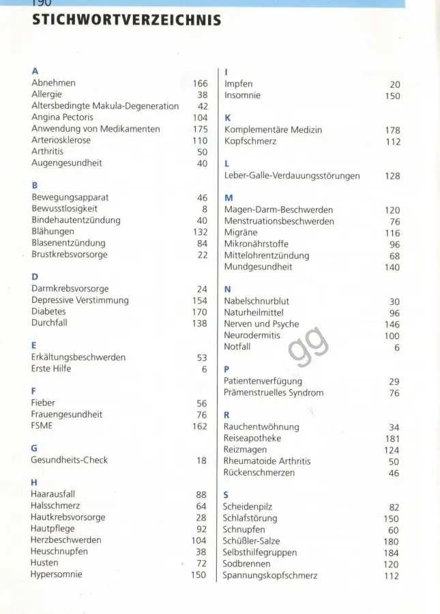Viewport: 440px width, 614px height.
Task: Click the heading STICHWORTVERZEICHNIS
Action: [127, 20]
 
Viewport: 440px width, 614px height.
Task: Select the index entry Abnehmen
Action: [54, 83]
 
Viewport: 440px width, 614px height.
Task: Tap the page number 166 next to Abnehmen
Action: [199, 84]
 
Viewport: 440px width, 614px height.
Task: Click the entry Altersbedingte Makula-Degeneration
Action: [105, 106]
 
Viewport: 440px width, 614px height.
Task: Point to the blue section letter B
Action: [35, 185]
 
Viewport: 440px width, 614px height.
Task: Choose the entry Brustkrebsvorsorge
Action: [69, 254]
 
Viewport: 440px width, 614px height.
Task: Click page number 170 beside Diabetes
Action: [199, 312]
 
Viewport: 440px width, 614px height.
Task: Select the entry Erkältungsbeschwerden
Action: [78, 357]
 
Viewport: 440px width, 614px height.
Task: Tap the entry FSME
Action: [42, 426]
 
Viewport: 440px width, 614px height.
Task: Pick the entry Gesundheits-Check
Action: [69, 460]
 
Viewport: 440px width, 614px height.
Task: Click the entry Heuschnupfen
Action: [59, 551]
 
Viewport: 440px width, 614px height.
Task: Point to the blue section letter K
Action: [227, 117]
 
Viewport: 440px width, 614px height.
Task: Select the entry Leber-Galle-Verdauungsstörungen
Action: [292, 176]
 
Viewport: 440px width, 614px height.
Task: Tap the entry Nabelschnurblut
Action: [256, 301]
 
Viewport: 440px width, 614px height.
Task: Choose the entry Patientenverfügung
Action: [263, 381]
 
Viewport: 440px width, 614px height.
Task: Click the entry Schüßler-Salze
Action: [251, 541]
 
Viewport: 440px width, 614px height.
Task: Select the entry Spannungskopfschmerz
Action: [270, 576]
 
